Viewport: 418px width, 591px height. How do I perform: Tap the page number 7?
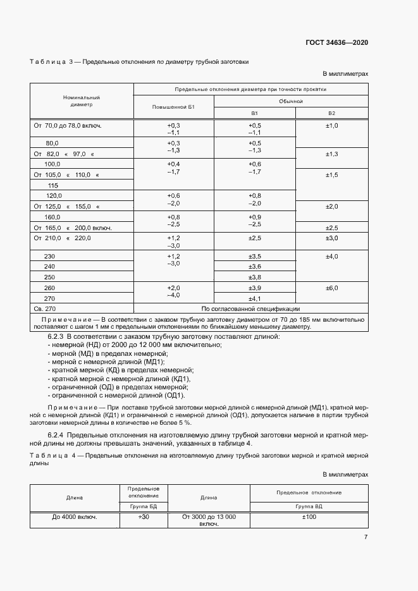click(x=366, y=537)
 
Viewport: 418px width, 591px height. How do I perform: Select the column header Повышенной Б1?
click(x=173, y=107)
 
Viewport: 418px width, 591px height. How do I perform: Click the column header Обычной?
click(x=291, y=101)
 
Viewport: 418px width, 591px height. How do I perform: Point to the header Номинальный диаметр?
click(x=82, y=101)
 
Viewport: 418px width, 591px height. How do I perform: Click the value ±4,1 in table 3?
click(x=255, y=298)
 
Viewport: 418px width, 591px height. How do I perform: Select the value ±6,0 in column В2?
click(x=332, y=288)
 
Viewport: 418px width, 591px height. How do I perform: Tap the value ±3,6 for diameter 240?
click(x=255, y=267)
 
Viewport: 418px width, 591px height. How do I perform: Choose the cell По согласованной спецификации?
click(x=250, y=308)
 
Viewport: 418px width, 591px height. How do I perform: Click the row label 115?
click(x=53, y=185)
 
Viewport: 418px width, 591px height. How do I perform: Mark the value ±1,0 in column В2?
click(x=332, y=126)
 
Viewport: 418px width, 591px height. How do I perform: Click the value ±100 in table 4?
click(x=309, y=517)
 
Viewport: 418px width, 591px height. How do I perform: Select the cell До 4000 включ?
click(x=74, y=517)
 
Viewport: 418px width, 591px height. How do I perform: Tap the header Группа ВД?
click(x=309, y=507)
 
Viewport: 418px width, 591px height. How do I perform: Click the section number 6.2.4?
click(x=59, y=435)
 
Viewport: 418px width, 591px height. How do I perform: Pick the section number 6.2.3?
click(x=59, y=336)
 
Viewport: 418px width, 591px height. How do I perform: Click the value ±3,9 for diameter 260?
click(x=255, y=288)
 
